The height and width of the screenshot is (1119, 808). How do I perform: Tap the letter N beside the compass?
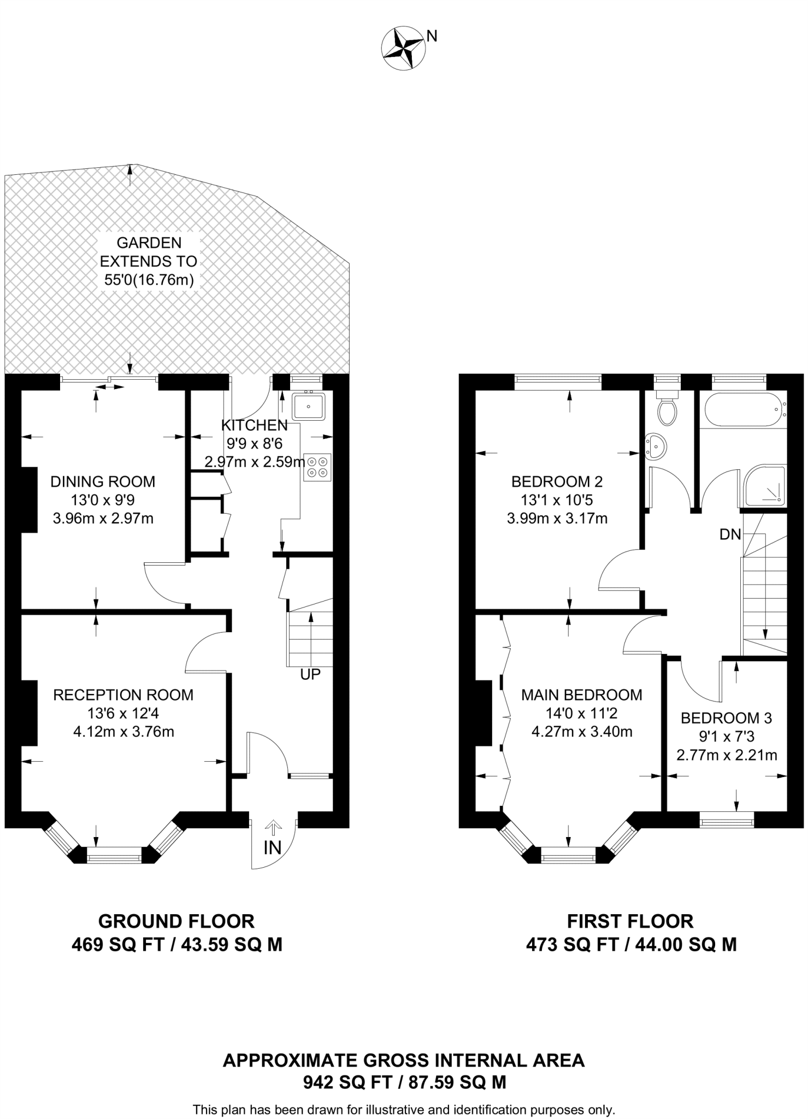432,36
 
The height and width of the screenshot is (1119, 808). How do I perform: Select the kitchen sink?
309,407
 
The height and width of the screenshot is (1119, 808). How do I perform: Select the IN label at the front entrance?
273,847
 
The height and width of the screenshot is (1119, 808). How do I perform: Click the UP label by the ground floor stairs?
310,674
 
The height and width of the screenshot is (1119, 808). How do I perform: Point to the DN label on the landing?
730,534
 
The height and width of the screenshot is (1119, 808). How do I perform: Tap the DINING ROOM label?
103,481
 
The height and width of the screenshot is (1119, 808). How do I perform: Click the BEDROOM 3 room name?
726,718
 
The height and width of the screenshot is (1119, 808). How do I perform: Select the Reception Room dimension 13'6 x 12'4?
123,713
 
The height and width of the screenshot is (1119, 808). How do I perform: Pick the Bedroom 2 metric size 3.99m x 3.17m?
557,518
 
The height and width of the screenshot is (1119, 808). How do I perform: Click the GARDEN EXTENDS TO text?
149,251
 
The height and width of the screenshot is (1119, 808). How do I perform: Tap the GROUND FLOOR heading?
176,921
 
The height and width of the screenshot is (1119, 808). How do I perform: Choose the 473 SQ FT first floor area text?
573,945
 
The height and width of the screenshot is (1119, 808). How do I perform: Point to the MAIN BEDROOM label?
582,694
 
